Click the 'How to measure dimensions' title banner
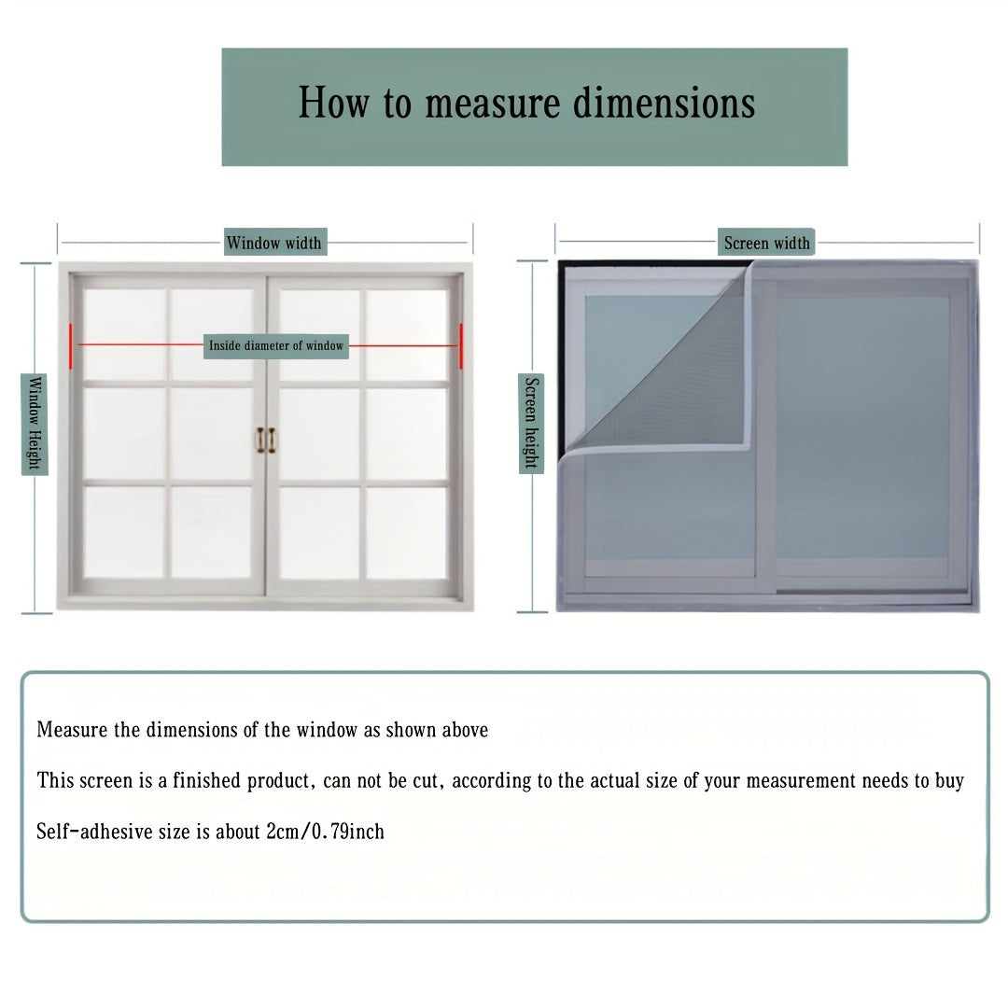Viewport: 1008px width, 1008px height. tap(534, 106)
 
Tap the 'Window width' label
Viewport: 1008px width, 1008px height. tap(273, 243)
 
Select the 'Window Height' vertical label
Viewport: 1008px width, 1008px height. tap(35, 425)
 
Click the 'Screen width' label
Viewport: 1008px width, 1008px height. tap(767, 243)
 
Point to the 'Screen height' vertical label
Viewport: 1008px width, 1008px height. tap(531, 424)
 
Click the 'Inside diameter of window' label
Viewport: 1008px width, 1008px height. tap(276, 345)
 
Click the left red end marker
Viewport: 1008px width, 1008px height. tap(70, 344)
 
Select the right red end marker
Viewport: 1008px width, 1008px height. tap(461, 344)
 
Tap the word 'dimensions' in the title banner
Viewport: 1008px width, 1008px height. tap(664, 104)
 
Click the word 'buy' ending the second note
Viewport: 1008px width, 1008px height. tap(949, 780)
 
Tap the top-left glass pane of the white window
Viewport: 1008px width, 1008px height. tap(123, 332)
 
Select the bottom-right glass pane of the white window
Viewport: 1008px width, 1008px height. tap(406, 532)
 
